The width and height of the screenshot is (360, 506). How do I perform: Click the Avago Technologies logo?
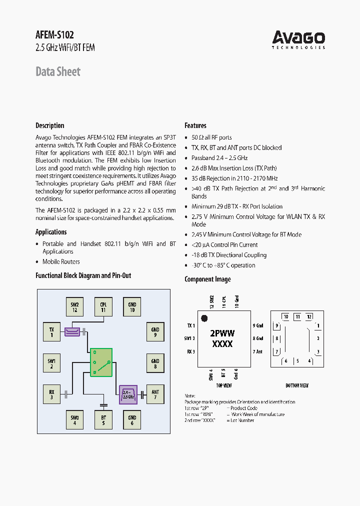(298, 39)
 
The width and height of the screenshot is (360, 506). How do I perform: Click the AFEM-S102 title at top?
(55, 35)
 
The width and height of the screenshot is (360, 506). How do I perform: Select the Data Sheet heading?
(57, 71)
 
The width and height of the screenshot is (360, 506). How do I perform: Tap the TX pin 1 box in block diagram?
(51, 332)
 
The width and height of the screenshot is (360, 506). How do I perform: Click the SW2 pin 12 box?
(74, 306)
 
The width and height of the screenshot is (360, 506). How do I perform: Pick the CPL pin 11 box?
(103, 306)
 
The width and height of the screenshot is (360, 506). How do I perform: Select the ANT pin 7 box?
(155, 395)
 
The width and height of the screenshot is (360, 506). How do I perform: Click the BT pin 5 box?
(103, 420)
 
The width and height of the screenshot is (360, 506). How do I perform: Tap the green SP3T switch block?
(101, 362)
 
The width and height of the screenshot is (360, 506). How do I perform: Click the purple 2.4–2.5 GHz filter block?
(128, 395)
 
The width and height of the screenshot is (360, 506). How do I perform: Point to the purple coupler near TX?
(72, 331)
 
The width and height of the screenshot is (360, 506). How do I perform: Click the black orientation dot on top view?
(204, 318)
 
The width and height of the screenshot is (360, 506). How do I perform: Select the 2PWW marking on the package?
(222, 333)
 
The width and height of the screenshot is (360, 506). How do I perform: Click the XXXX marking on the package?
(222, 344)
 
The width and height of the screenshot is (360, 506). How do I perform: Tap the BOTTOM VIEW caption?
(297, 385)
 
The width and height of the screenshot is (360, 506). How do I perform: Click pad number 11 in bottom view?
(297, 316)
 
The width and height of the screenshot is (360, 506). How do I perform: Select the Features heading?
(195, 125)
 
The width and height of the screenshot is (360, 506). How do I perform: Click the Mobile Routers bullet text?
(61, 261)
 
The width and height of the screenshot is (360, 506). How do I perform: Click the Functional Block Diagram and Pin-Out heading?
(83, 275)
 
